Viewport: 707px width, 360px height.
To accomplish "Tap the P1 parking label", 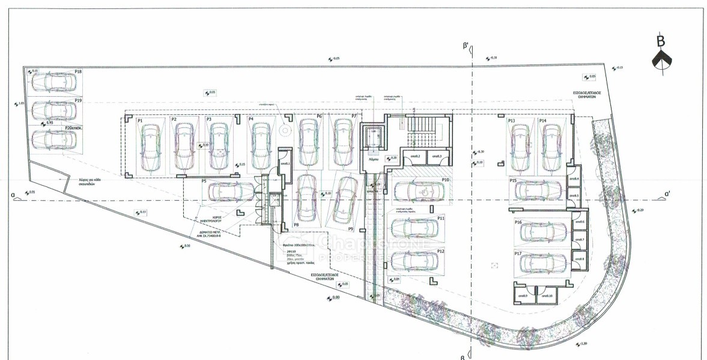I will tap(140, 121).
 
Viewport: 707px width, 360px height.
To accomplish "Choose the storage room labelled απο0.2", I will tap(414, 158).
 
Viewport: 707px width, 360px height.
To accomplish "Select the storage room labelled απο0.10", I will tap(547, 295).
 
